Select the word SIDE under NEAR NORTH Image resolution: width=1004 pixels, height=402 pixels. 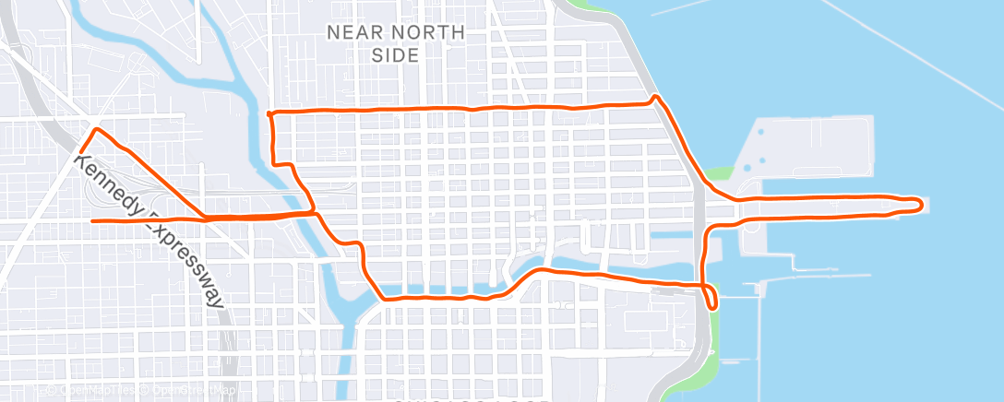(395, 54)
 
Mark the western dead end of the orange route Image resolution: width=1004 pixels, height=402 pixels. (92, 221)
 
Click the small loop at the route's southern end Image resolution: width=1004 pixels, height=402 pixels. (711, 299)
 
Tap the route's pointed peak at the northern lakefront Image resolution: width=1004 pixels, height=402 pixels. (654, 96)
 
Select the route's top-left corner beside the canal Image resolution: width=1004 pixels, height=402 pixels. (269, 113)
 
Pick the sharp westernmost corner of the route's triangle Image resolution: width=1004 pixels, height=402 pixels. (80, 151)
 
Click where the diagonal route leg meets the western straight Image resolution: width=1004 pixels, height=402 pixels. (205, 219)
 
